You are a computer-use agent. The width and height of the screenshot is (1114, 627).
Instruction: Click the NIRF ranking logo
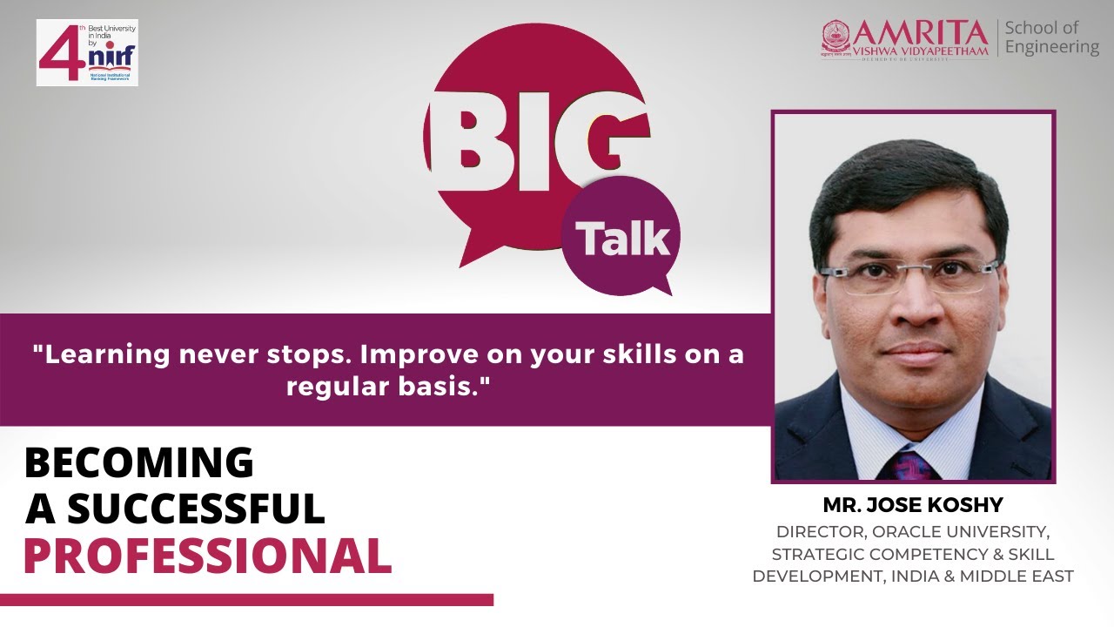tap(87, 52)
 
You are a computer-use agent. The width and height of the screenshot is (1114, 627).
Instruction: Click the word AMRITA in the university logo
tap(921, 32)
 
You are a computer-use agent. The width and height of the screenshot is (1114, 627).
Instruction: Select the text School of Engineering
tap(1051, 37)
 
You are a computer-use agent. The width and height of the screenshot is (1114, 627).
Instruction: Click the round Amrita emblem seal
tap(835, 38)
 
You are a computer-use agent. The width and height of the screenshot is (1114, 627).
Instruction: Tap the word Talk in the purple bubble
tap(621, 238)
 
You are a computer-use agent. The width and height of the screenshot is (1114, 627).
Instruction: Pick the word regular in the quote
tap(331, 386)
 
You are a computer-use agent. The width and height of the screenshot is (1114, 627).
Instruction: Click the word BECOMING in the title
tap(138, 462)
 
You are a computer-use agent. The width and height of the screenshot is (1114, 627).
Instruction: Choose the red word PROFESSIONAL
tap(207, 556)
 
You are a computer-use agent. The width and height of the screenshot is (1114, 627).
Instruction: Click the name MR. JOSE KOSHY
tap(913, 505)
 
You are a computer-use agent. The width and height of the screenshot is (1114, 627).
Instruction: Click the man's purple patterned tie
tap(907, 465)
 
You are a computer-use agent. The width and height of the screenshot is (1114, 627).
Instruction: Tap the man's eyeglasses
tap(909, 276)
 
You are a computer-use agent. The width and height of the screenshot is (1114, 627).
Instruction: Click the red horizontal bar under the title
tap(246, 600)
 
